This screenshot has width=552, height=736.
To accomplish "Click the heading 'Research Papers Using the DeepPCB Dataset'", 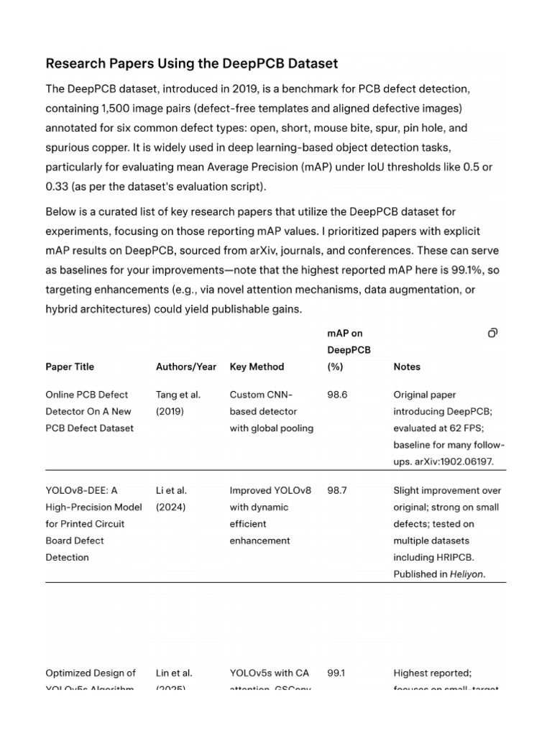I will pos(191,63).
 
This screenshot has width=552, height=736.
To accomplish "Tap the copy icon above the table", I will pos(492,333).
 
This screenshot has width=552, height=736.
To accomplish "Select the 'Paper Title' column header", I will pos(70,367).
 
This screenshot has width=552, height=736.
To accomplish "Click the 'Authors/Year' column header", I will pos(185,367).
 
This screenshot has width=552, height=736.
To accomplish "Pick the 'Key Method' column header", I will pos(257,367).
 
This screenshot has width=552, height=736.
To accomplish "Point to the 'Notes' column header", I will pos(407,367).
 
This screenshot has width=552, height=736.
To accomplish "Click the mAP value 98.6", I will pos(336,395).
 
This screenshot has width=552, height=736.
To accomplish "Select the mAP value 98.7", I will pos(336,490).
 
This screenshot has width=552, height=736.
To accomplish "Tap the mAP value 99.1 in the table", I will pos(336,673).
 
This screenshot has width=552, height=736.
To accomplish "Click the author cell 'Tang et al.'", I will pos(178,395).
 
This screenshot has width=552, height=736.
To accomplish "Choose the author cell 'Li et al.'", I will pos(171,490).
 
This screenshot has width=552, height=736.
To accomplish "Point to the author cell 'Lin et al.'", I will pos(174,673).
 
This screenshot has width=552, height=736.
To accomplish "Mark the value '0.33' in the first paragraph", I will pos(57,187).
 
